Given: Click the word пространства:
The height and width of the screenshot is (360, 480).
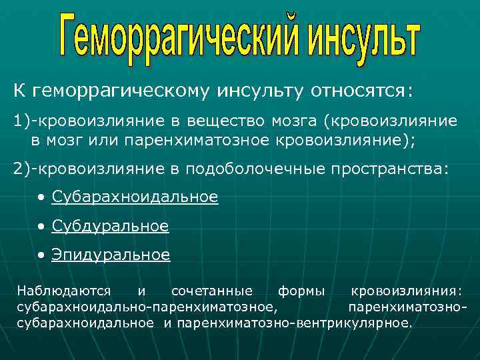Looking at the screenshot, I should pos(390,168).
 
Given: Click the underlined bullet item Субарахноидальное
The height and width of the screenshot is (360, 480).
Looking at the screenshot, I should pos(135,197).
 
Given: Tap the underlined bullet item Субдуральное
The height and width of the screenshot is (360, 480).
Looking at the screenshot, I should pos(111,227).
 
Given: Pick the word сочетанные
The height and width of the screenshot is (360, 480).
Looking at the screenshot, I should pos(212,291).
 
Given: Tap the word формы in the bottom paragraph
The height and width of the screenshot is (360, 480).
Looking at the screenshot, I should pos(301,291).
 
